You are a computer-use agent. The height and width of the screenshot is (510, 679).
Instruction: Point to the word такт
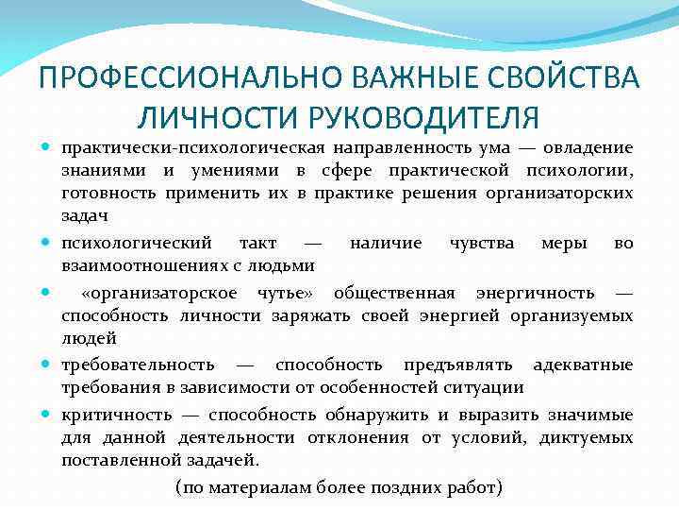[x=257, y=243]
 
